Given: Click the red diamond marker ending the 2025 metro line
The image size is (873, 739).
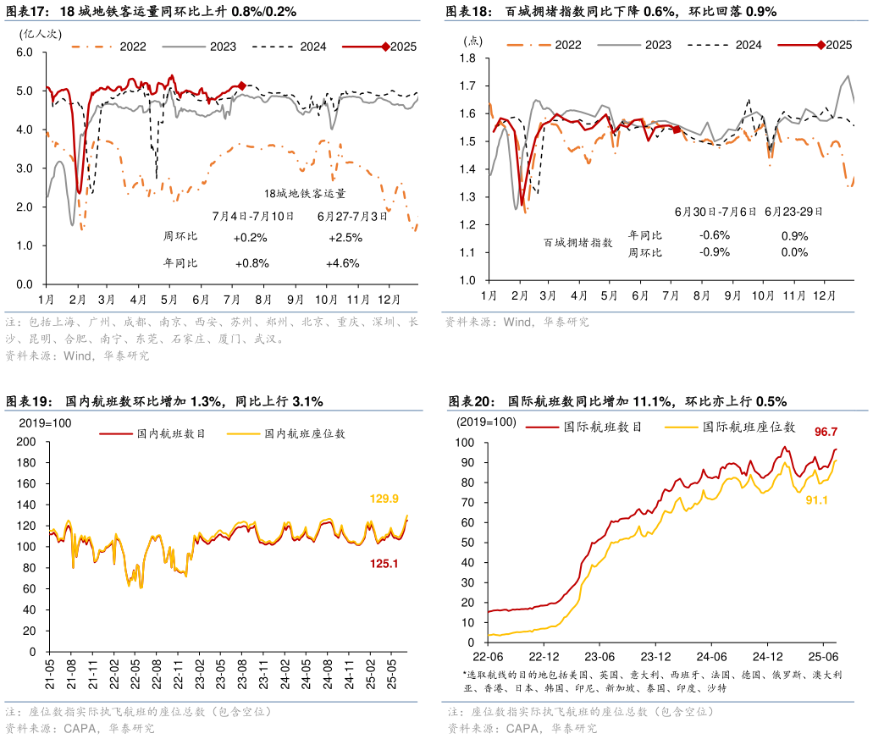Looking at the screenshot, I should pyautogui.click(x=242, y=85).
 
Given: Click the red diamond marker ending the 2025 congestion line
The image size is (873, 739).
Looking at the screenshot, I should pyautogui.click(x=677, y=130).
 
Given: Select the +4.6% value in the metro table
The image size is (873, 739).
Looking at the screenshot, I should pyautogui.click(x=342, y=263).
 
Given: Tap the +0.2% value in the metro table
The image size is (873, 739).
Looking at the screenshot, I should pyautogui.click(x=250, y=238).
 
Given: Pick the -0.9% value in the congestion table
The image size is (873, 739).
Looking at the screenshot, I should pyautogui.click(x=714, y=252).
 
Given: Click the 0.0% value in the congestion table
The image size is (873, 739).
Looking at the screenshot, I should pyautogui.click(x=794, y=252).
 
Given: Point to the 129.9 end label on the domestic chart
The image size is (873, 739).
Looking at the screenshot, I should pyautogui.click(x=384, y=499).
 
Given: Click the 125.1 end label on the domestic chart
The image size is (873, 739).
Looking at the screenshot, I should pyautogui.click(x=384, y=563).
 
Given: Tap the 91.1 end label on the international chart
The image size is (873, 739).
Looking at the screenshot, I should pyautogui.click(x=815, y=500).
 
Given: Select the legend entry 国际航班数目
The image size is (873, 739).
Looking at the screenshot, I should pyautogui.click(x=603, y=427).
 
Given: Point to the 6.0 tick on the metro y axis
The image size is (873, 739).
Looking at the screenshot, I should pyautogui.click(x=25, y=52).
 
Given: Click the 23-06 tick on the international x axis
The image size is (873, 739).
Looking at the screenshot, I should pyautogui.click(x=599, y=656).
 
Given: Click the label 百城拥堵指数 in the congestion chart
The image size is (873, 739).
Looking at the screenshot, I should pyautogui.click(x=578, y=243).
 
